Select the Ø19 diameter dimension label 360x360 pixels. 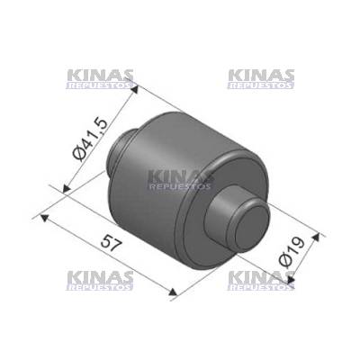[x=292, y=252]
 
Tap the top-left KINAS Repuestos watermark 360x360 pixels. [x=100, y=79]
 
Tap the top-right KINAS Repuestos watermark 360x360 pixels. [x=261, y=79]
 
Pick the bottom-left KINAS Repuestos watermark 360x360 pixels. [x=100, y=281]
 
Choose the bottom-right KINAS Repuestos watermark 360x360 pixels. [x=261, y=281]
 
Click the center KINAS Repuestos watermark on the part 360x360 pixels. [x=180, y=180]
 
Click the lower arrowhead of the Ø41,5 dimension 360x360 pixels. [x=67, y=188]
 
